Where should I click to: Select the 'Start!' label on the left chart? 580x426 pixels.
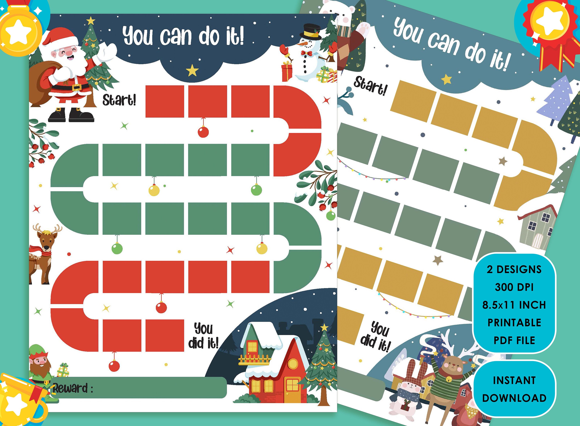(119, 100)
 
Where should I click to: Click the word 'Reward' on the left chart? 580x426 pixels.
(70, 388)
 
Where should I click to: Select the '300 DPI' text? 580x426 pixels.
(514, 287)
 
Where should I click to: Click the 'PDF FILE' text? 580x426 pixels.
(514, 340)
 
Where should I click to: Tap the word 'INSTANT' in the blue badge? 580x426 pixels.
(514, 381)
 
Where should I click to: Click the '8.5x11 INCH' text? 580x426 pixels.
(514, 305)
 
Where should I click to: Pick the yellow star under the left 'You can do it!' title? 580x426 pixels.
(192, 70)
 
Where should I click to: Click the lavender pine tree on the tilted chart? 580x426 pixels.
(555, 101)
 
